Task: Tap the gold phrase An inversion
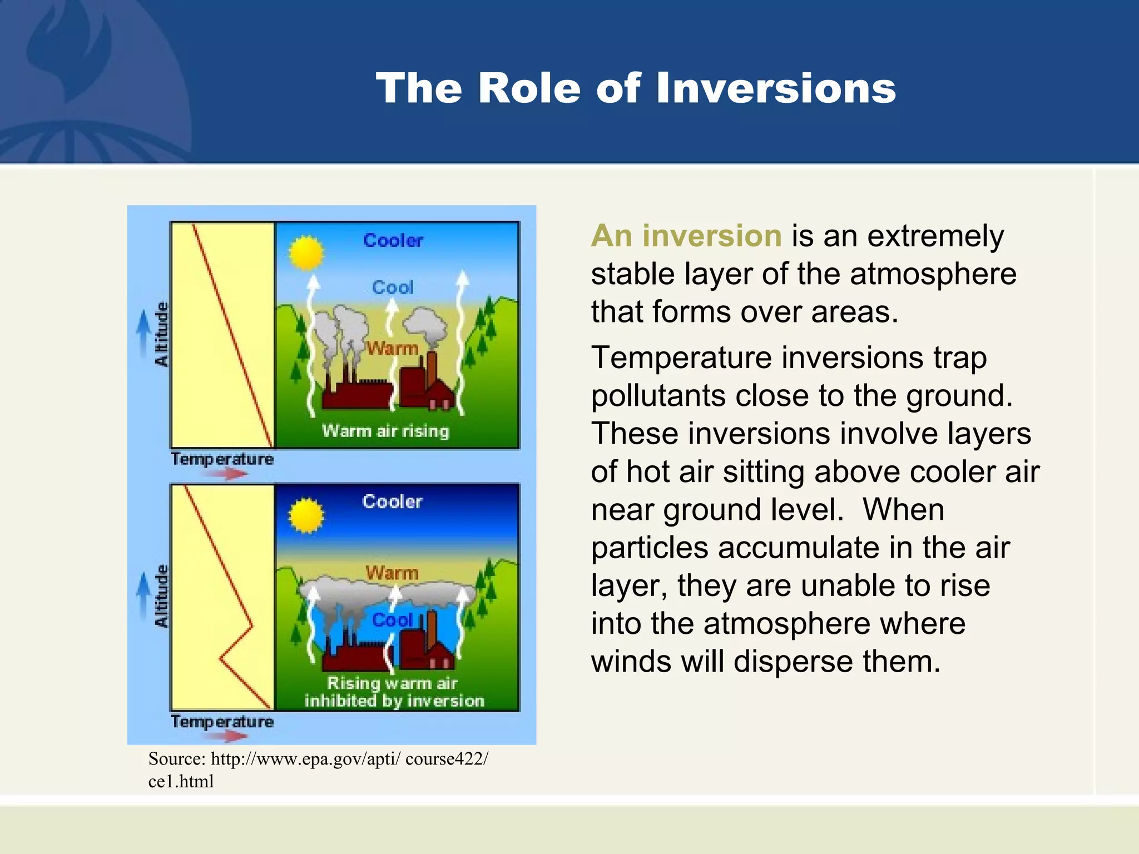[x=686, y=236]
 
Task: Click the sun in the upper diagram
[x=306, y=253]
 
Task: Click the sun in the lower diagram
[x=305, y=515]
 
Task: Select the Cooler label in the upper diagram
[x=393, y=240]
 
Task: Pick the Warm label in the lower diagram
[x=392, y=573]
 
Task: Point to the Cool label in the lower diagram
[x=392, y=619]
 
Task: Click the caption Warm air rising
[x=385, y=431]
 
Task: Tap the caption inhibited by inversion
[x=394, y=701]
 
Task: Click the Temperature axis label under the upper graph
[x=222, y=459]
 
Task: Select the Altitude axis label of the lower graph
[x=161, y=596]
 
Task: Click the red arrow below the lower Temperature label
[x=229, y=736]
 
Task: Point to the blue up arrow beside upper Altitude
[x=143, y=329]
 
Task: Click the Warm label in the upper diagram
[x=392, y=349]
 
